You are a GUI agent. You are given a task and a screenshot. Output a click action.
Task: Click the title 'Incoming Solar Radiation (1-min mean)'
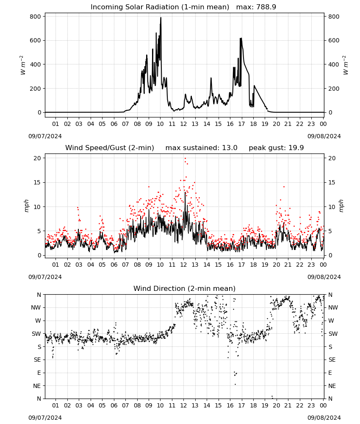160,7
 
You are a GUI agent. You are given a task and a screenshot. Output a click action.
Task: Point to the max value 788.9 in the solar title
266,7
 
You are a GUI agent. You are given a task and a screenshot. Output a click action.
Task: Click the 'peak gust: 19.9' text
276,148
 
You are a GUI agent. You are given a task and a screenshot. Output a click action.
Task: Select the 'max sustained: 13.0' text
202,148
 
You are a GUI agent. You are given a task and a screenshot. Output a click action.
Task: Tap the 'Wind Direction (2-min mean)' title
185,288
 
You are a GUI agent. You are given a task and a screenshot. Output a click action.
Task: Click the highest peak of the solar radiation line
161,17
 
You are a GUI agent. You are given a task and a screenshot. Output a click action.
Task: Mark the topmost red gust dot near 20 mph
185,159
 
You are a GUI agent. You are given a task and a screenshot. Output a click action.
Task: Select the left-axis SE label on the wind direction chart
37,360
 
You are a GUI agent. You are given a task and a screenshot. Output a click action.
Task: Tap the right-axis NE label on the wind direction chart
332,386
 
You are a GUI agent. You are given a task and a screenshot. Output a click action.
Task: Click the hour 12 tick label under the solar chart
183,124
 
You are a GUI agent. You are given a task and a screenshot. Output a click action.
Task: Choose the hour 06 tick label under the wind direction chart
114,406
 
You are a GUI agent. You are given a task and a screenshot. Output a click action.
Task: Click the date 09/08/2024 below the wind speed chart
324,277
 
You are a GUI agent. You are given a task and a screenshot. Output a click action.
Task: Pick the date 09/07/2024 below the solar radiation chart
45,136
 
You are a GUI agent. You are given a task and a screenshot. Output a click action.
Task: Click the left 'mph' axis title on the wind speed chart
26,206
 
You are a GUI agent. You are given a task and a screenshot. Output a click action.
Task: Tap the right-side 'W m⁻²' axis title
346,65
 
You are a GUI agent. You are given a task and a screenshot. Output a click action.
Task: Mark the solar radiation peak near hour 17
241,39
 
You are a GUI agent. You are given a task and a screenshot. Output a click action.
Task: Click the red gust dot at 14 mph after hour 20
284,187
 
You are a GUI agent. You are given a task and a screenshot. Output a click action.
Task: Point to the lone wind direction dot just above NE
235,384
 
